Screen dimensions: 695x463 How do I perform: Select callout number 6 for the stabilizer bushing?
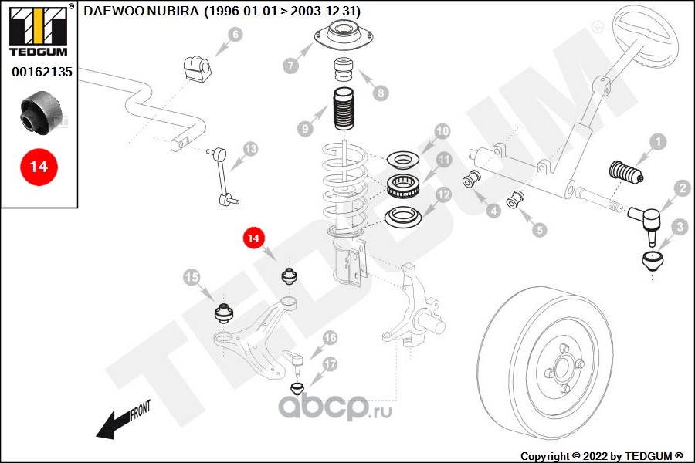click(236, 34)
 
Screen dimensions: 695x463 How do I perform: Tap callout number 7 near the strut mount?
click(291, 66)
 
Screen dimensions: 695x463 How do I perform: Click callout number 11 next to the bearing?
click(443, 161)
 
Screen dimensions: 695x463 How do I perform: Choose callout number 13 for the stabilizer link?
click(250, 148)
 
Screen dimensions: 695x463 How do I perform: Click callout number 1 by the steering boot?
click(657, 141)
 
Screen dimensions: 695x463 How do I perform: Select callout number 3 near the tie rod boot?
click(679, 227)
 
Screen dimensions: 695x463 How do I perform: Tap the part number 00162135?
click(41, 73)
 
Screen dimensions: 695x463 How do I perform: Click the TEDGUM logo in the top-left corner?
click(38, 30)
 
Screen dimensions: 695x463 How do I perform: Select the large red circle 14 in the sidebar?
click(39, 166)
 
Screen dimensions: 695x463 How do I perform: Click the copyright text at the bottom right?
click(602, 455)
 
